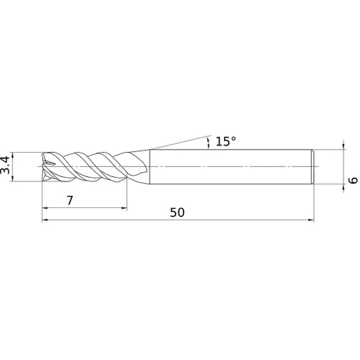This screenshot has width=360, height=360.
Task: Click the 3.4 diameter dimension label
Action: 5,165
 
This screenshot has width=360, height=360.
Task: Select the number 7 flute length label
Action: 70,200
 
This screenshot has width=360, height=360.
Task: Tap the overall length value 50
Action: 177,212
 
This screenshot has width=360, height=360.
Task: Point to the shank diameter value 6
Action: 354,180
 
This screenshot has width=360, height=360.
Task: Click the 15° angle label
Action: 226,141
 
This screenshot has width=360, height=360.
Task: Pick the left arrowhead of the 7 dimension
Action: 45,208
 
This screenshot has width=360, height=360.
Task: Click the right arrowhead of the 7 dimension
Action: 124,208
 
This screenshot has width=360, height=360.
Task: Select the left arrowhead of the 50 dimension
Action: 45,220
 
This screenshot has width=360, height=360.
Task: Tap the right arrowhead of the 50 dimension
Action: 311,220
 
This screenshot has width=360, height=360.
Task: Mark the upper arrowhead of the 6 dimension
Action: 343,147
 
